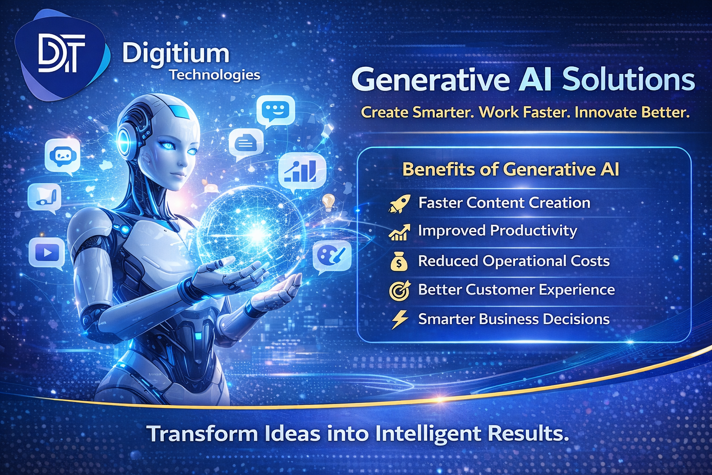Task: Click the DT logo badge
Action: pos(61,55)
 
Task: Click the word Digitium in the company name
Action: pos(176,54)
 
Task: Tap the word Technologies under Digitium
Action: pos(214,75)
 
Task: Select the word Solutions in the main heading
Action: pos(629,79)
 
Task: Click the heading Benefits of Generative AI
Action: pos(510,169)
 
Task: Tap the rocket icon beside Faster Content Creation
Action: pos(399,203)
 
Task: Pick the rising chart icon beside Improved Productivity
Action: pos(399,232)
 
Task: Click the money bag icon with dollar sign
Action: pos(399,262)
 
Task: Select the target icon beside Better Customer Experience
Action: pos(399,290)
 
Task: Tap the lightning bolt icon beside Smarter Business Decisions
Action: pos(399,320)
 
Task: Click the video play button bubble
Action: pos(46,253)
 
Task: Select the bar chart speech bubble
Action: pos(302,171)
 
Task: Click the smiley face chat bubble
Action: pos(275,111)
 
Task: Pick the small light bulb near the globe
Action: pos(328,202)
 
